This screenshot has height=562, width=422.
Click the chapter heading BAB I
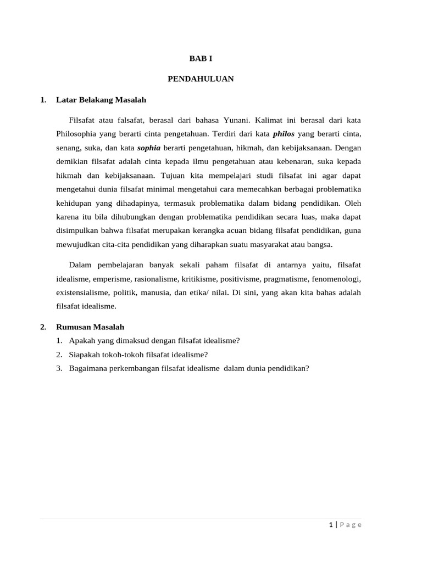pos(201,58)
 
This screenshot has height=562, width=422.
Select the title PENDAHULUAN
pos(201,79)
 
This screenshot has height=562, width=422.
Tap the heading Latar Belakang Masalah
pos(101,100)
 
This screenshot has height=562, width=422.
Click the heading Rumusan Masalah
pos(90,327)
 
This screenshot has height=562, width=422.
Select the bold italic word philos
pos(284,134)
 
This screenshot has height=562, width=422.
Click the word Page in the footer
pos(351,525)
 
